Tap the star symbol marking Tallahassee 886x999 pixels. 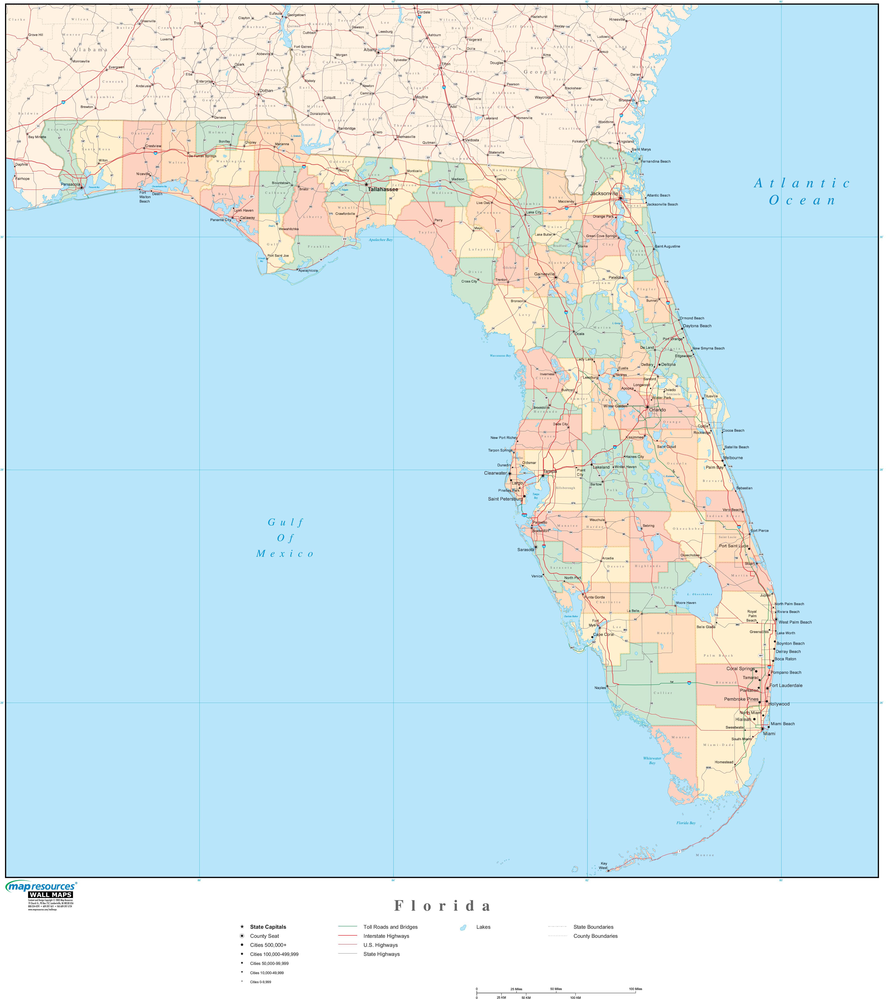[x=366, y=184]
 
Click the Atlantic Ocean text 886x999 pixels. [x=802, y=192]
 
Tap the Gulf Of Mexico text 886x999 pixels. [x=286, y=538]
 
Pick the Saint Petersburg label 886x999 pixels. [x=505, y=499]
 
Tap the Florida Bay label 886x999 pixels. [x=686, y=823]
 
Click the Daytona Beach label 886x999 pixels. [x=697, y=326]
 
